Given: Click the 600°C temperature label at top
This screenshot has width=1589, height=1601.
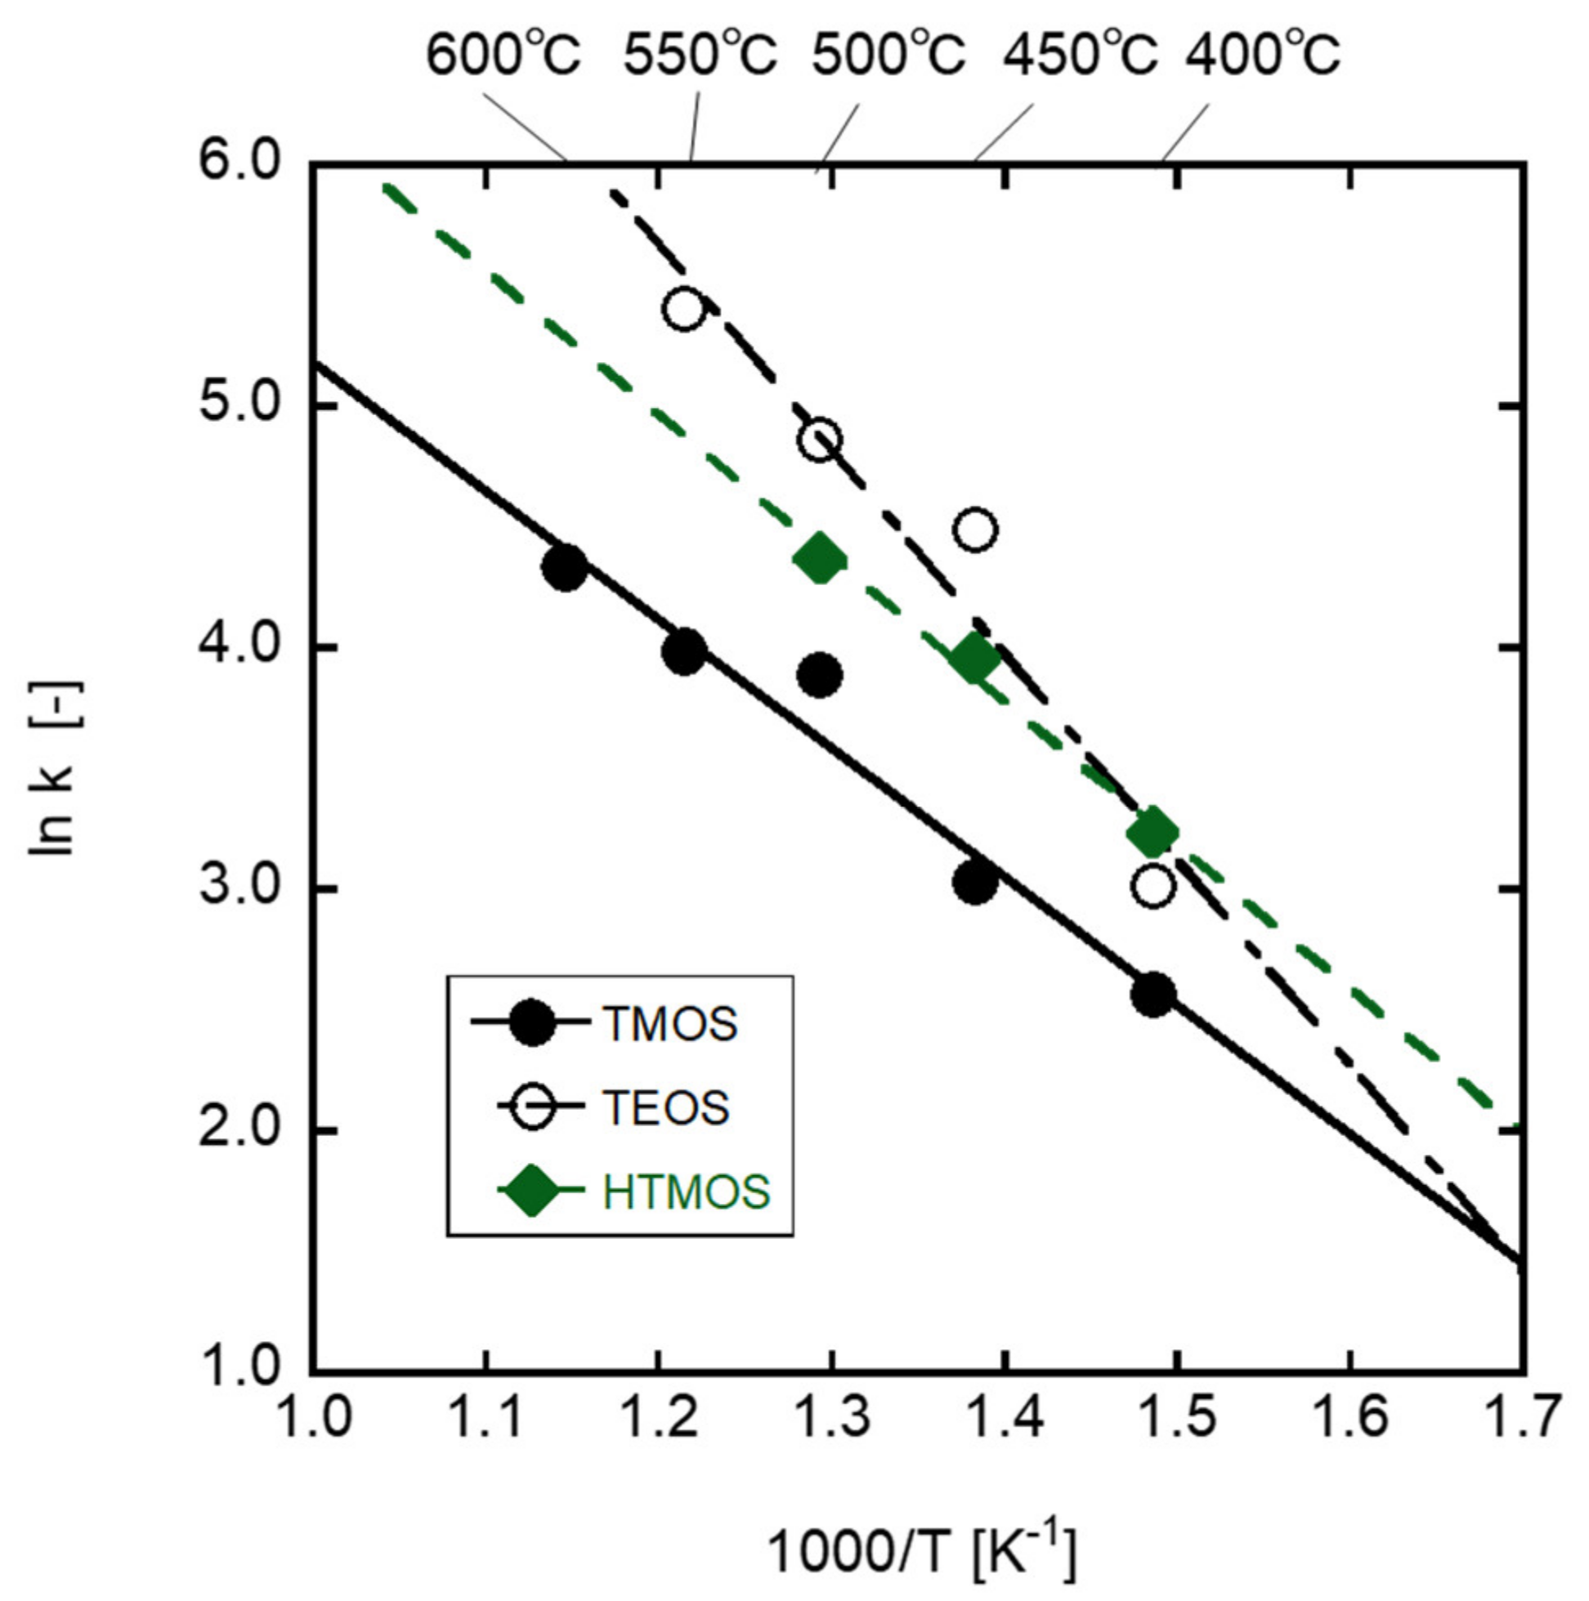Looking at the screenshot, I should point(504,56).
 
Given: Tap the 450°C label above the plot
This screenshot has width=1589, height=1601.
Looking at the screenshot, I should point(1080,56).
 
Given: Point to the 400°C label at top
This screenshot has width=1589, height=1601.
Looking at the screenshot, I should point(1261,56).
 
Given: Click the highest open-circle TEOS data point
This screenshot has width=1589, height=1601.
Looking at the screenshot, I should point(684,309).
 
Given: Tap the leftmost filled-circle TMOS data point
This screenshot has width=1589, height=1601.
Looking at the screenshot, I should point(565,569).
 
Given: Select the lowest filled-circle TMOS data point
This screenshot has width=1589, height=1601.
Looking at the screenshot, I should point(1153,995).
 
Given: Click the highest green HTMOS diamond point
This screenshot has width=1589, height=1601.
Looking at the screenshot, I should point(820,560).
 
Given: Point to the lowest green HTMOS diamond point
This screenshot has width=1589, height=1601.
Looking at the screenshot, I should point(1153,833).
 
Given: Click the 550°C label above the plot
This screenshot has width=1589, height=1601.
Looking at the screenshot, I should point(701,56).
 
